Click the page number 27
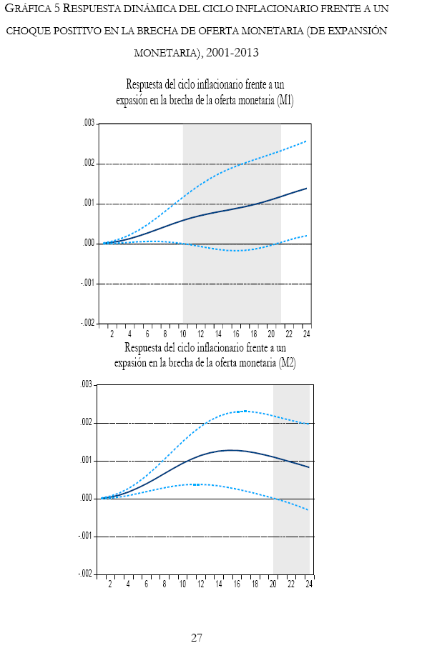[197, 637]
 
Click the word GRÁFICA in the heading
[26, 9]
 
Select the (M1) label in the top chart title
[285, 101]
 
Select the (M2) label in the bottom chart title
[287, 362]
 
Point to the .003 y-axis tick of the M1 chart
[88, 124]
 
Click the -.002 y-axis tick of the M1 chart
[87, 324]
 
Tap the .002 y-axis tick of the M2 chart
[87, 423]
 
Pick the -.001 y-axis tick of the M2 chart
[86, 536]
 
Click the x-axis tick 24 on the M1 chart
[307, 334]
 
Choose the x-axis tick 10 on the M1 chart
[182, 334]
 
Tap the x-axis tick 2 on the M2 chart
[109, 584]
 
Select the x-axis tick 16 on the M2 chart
[237, 584]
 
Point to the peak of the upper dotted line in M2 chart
[245, 411]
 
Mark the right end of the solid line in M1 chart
[307, 188]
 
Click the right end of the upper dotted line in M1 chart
[307, 141]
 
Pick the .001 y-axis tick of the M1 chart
[88, 204]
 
